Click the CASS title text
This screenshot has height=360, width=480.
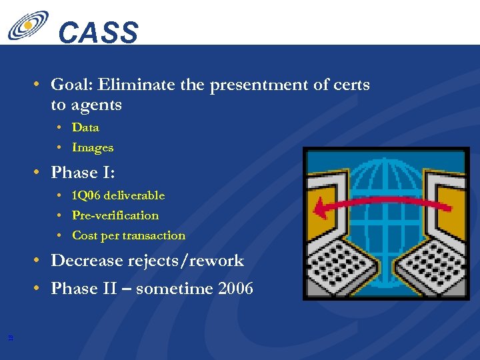(98, 33)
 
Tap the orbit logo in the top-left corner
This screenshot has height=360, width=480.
(28, 25)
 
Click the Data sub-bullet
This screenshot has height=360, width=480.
(85, 127)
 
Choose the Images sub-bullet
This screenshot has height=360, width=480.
(93, 147)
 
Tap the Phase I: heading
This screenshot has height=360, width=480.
(83, 173)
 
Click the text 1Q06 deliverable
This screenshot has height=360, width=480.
(118, 195)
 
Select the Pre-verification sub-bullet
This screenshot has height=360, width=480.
(115, 215)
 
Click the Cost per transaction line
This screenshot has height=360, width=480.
(128, 235)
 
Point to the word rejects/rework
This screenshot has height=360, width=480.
(194, 261)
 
